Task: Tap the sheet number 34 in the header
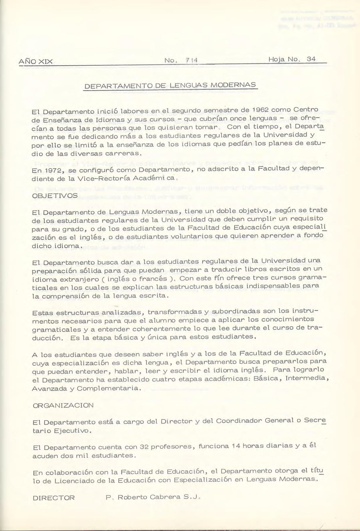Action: [311, 59]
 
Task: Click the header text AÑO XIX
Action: [36, 62]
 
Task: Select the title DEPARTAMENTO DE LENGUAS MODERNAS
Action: [170, 86]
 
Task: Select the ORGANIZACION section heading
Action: [63, 405]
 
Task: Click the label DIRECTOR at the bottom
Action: [54, 498]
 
